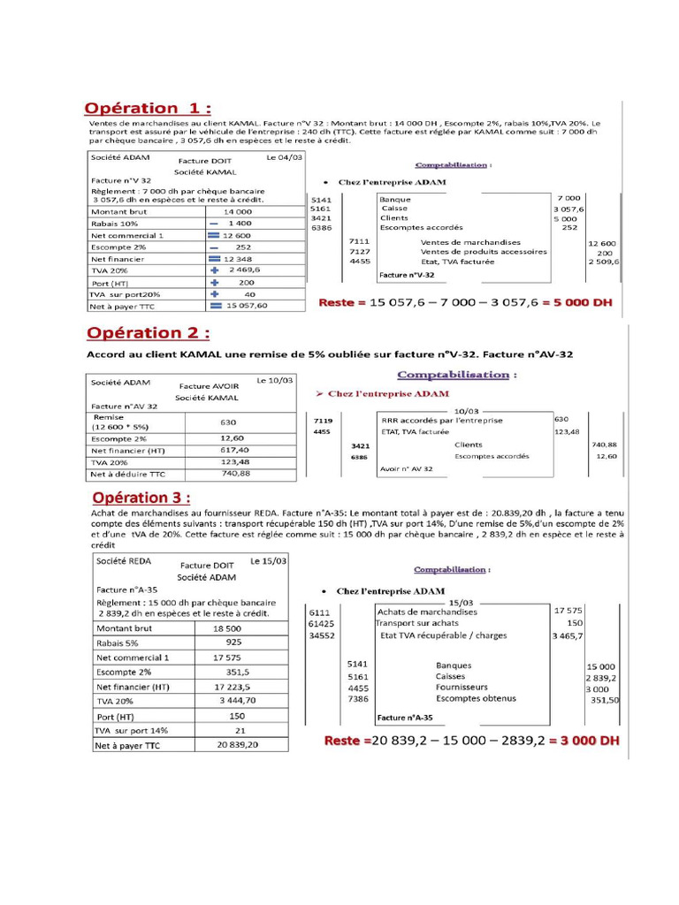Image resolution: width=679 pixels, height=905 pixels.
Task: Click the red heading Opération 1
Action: click(148, 108)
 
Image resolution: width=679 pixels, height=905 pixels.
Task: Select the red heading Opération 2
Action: click(148, 333)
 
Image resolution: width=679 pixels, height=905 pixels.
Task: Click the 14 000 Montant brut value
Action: click(237, 211)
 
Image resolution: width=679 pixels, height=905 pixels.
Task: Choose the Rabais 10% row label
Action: click(111, 224)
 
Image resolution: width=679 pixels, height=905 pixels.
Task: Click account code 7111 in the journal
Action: click(359, 241)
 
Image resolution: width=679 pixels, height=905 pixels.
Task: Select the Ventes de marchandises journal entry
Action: click(470, 242)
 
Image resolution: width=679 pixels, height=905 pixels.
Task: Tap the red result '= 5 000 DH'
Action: click(571, 302)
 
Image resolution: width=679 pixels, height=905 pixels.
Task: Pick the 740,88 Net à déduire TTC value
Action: click(234, 474)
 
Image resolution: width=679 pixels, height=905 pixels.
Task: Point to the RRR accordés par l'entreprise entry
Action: click(442, 421)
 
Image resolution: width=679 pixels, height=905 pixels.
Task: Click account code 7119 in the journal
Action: click(323, 421)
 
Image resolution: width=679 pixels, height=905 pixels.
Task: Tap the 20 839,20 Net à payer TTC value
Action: click(238, 745)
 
